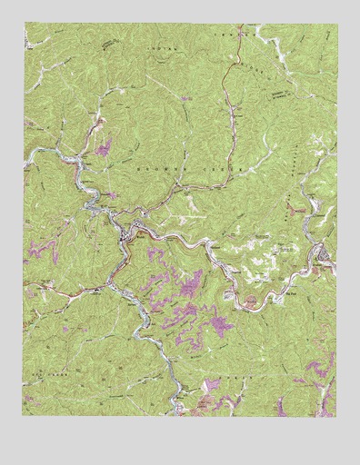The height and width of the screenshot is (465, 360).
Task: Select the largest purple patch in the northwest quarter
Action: [103, 146]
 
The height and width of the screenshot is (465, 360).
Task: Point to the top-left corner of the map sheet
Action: [25, 25]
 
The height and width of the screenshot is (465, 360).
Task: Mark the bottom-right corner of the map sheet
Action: [335, 416]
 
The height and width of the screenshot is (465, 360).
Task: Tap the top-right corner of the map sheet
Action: [335, 25]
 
